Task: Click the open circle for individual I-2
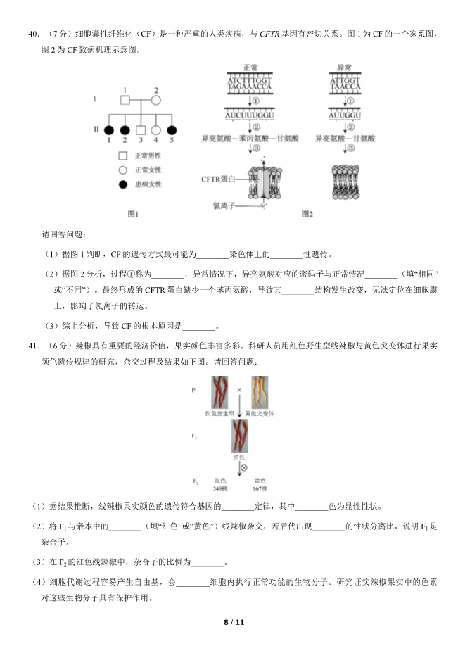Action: pos(155,100)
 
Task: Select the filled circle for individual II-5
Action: pos(171,130)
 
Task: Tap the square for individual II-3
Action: pos(140,130)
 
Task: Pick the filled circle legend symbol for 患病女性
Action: pos(122,184)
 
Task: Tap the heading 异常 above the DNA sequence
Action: pos(345,68)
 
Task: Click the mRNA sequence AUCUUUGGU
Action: pos(250,115)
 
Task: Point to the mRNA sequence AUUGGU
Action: pos(345,115)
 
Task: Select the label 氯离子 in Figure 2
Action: pos(224,205)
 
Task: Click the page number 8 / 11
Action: pos(233,622)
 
